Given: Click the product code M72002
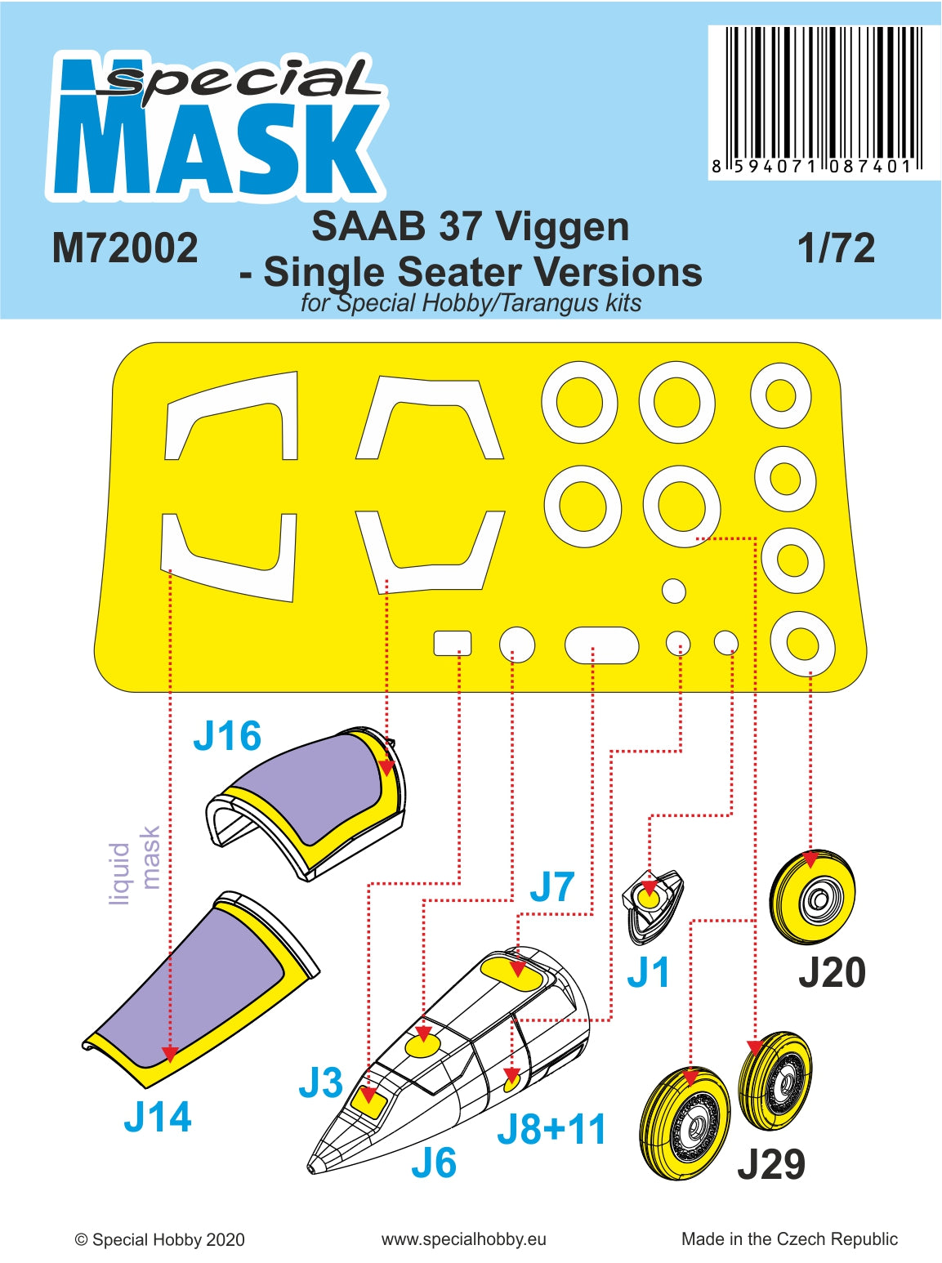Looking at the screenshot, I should click(125, 248).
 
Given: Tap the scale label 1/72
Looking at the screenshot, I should click(836, 248).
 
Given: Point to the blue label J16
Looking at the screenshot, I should click(227, 736).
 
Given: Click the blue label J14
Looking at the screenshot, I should click(158, 1117).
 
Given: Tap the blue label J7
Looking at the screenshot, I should click(552, 887).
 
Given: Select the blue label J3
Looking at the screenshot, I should click(320, 1083).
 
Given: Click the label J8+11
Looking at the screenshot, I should click(552, 1130).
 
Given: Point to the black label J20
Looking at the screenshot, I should click(832, 972).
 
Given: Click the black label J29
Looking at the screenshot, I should click(770, 1164).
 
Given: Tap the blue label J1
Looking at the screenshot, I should click(648, 972).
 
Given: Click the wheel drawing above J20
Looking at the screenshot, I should click(812, 896).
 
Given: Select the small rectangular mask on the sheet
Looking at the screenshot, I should click(452, 643).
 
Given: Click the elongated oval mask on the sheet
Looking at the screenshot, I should click(601, 645).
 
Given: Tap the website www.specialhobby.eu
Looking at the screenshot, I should click(463, 1239).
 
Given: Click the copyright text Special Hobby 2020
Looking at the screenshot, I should click(160, 1239).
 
